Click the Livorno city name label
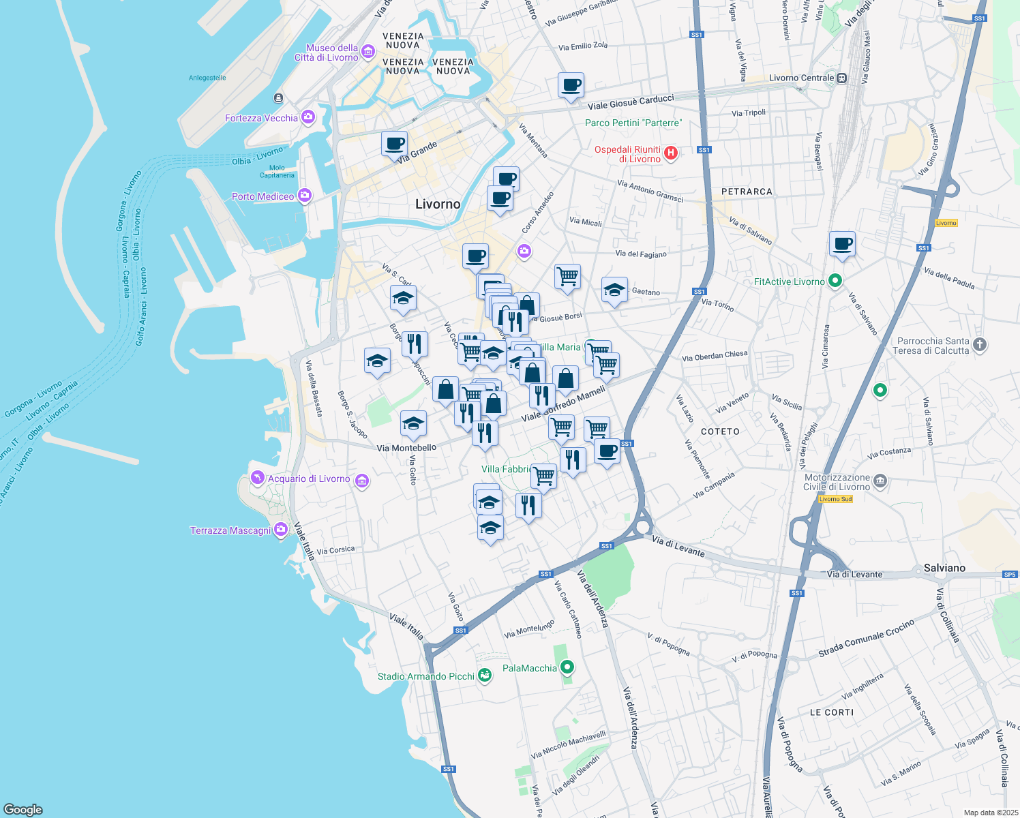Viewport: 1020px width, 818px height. click(x=438, y=204)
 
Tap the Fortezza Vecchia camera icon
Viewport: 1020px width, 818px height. click(x=308, y=117)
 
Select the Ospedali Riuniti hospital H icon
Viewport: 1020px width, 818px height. click(x=671, y=153)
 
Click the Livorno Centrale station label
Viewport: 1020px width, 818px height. click(x=801, y=78)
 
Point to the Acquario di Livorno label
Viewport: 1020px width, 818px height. click(x=309, y=479)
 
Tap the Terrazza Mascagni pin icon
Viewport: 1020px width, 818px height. click(x=280, y=530)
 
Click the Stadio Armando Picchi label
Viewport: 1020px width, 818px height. click(x=426, y=676)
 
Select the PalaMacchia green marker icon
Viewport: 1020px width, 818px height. click(x=567, y=667)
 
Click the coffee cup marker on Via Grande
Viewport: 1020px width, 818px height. click(x=394, y=144)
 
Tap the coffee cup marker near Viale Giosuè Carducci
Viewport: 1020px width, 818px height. click(x=571, y=85)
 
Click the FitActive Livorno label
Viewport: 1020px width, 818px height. click(x=790, y=282)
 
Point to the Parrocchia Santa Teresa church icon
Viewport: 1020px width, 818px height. click(x=980, y=345)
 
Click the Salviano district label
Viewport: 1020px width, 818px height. click(x=944, y=568)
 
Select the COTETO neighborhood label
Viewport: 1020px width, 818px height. click(x=720, y=431)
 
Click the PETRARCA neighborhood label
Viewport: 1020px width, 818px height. click(x=747, y=192)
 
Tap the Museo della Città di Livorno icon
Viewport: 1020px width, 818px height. click(x=368, y=52)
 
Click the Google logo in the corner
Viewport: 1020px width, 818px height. click(x=23, y=809)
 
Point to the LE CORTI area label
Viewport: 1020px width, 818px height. click(x=831, y=712)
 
